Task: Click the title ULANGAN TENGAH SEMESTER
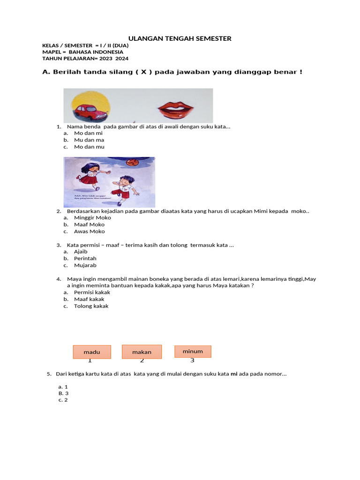[x=180, y=38]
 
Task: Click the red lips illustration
[x=175, y=111]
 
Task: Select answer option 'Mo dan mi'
[x=88, y=133]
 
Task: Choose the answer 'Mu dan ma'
[x=89, y=140]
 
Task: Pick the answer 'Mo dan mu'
[x=89, y=147]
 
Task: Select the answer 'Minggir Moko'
[x=92, y=217]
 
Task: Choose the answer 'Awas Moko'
[x=89, y=231]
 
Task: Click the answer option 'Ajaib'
[x=81, y=251]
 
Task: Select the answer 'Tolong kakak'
[x=91, y=306]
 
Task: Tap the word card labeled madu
[x=92, y=352]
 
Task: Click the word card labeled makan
[x=142, y=352]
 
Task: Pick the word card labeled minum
[x=193, y=351]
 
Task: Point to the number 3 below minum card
[x=192, y=360]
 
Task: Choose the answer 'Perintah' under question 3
[x=85, y=258]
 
